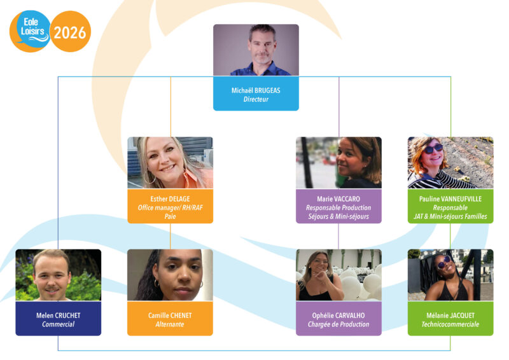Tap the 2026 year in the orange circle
tap(70, 33)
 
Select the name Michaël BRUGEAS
tap(256, 90)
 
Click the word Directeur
tap(256, 99)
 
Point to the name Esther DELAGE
tap(170, 199)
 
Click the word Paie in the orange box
tap(170, 216)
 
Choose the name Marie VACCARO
tap(338, 199)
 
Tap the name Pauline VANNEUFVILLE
tap(450, 199)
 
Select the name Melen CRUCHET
tap(59, 315)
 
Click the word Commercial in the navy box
tap(59, 324)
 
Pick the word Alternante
tap(170, 324)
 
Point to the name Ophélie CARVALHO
tap(338, 315)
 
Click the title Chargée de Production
tap(338, 324)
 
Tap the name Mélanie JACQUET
tap(450, 315)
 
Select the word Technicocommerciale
tap(450, 324)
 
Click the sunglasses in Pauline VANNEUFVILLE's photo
tap(434, 149)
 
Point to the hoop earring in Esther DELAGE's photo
tap(150, 177)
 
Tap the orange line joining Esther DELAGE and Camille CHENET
tap(170, 237)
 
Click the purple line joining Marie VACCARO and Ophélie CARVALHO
tap(338, 237)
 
